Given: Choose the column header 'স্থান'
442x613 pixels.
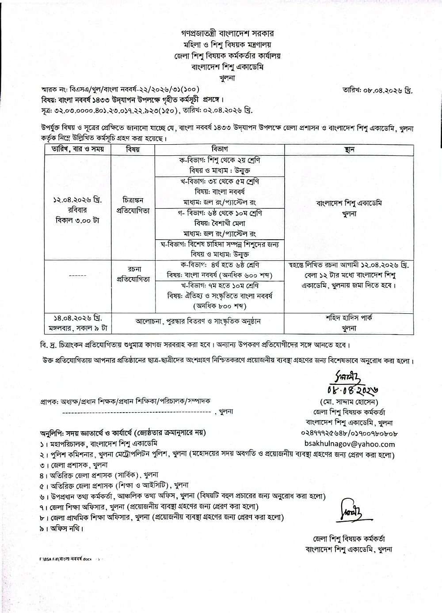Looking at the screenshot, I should [x=349, y=149].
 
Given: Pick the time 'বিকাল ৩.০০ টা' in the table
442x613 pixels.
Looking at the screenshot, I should [x=76, y=220].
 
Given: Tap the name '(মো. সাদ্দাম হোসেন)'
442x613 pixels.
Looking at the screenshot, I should [x=349, y=402].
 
